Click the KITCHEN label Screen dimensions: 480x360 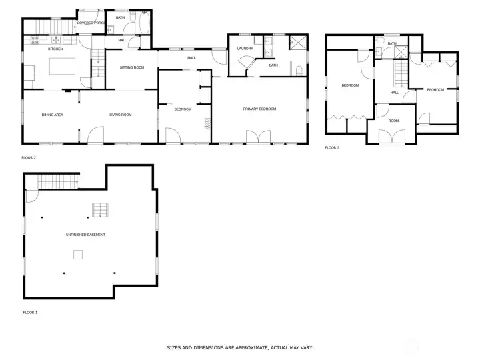pyautogui.click(x=55, y=49)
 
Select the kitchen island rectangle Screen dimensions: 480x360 pyautogui.click(x=62, y=66)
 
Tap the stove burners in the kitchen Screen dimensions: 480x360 pyautogui.click(x=35, y=40)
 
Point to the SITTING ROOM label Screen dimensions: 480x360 pyautogui.click(x=131, y=67)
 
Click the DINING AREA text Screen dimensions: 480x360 pyautogui.click(x=53, y=115)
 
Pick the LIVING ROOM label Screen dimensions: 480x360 pyautogui.click(x=121, y=115)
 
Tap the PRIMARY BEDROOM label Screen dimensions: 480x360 pyautogui.click(x=259, y=109)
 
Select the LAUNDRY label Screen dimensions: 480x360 pyautogui.click(x=245, y=49)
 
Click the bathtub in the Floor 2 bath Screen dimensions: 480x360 pyautogui.click(x=145, y=23)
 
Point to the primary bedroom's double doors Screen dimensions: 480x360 pyautogui.click(x=259, y=137)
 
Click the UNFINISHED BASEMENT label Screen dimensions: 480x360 pyautogui.click(x=86, y=235)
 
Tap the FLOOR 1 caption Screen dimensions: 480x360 pyautogui.click(x=30, y=313)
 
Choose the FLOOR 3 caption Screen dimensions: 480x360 pyautogui.click(x=332, y=147)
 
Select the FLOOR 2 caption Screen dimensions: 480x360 pyautogui.click(x=29, y=157)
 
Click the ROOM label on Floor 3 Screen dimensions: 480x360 pyautogui.click(x=394, y=121)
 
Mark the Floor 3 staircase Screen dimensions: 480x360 pyautogui.click(x=401, y=73)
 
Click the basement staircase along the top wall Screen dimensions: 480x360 pyautogui.click(x=57, y=181)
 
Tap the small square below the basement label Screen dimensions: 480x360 pyautogui.click(x=78, y=255)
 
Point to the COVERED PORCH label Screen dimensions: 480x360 pyautogui.click(x=91, y=23)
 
